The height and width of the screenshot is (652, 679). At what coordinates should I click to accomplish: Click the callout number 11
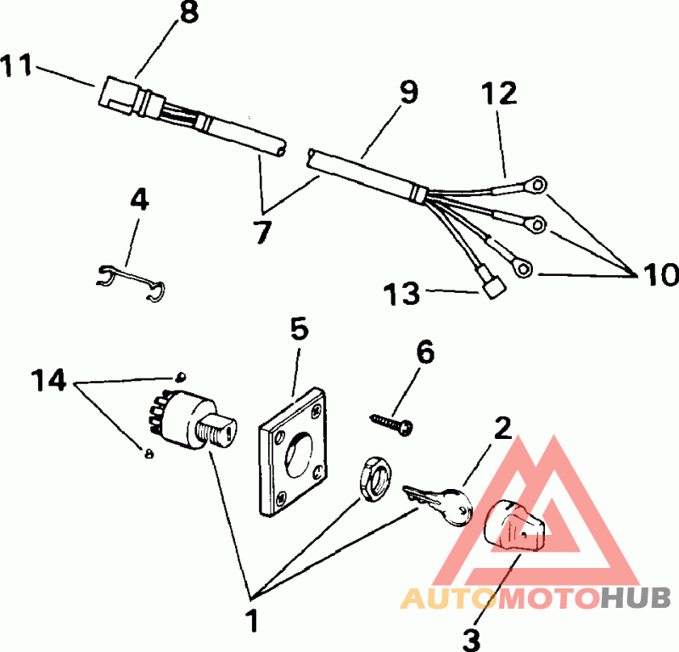click(19, 65)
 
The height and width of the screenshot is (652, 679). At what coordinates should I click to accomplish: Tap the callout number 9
click(409, 92)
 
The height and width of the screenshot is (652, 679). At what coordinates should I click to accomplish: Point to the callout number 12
click(500, 93)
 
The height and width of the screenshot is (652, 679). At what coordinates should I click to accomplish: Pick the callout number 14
click(48, 380)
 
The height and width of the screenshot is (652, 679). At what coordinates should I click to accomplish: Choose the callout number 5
click(299, 329)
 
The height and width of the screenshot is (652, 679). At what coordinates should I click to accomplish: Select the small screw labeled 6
click(390, 421)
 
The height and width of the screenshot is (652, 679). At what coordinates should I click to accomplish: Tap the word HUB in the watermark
click(637, 599)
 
